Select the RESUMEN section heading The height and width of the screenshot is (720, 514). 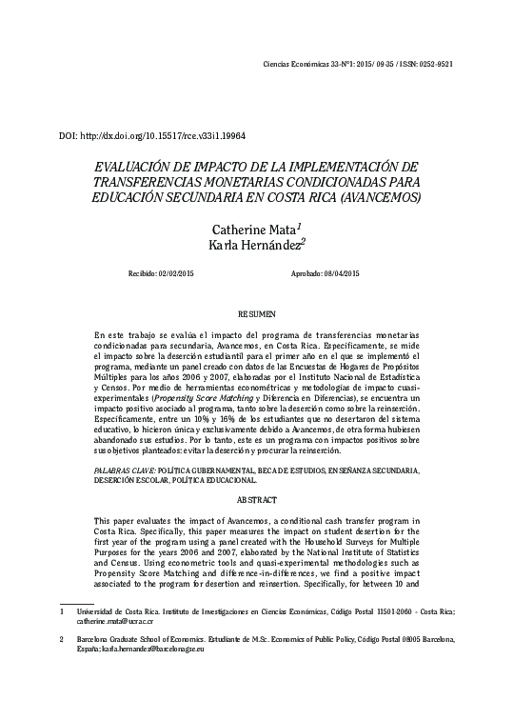coord(256,313)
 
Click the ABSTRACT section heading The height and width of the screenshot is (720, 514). coord(256,499)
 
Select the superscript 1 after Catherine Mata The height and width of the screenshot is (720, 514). coord(299,227)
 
